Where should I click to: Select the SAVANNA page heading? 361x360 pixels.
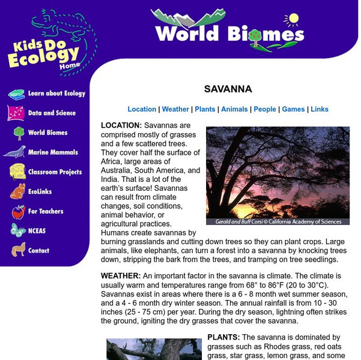tap(228, 89)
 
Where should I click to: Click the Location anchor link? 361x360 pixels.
tap(142, 109)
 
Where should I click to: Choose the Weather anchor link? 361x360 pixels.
tap(175, 109)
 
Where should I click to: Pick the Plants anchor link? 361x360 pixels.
tap(205, 109)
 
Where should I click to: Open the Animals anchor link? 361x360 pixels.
tap(234, 109)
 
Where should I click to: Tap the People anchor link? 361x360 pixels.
tap(265, 109)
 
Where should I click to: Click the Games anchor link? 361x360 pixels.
tap(293, 109)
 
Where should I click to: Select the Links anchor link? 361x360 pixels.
tap(320, 109)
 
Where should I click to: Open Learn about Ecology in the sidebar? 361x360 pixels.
tap(56, 94)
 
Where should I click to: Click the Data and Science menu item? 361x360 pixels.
tap(52, 113)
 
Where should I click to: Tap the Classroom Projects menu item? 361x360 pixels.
tap(55, 172)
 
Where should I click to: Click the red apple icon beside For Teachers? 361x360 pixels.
tap(18, 211)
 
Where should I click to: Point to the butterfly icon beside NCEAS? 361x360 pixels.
tap(18, 230)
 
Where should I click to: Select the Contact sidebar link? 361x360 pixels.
tap(38, 250)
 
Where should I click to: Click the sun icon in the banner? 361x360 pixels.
tap(293, 19)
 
